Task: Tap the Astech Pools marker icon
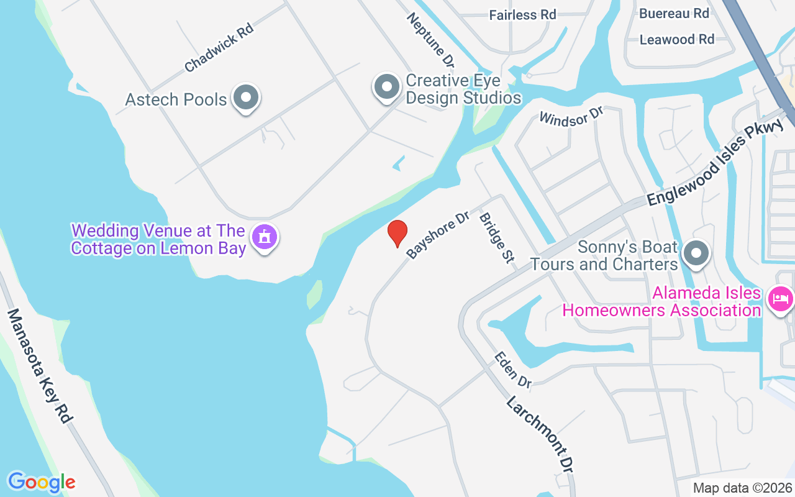point(246,98)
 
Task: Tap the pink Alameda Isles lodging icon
point(779,299)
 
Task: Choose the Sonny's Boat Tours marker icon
point(696,253)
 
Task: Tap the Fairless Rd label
point(522,14)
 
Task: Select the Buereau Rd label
point(674,12)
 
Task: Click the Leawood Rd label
point(677,39)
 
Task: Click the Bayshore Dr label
point(437,237)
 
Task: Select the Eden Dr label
point(513,370)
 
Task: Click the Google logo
point(42,482)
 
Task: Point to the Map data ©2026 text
point(742,488)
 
